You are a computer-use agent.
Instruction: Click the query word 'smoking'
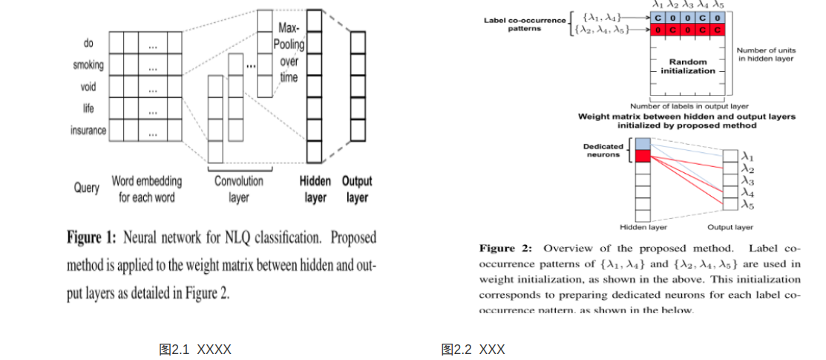[88, 65]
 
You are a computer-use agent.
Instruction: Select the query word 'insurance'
[88, 131]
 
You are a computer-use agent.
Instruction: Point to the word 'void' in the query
[88, 88]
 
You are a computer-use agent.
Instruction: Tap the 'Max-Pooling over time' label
[289, 53]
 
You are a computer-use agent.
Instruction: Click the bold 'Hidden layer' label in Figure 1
[315, 189]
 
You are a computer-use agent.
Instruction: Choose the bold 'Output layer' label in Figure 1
[357, 189]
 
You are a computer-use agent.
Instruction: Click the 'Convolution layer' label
[238, 189]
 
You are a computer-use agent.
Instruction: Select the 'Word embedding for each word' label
[146, 189]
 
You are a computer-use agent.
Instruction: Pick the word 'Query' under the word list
[86, 187]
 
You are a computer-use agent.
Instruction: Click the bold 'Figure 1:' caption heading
[91, 238]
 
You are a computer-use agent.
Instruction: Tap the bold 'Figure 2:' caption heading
[505, 248]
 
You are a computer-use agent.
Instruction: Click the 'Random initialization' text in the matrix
[688, 66]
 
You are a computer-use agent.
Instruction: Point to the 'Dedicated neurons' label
[603, 151]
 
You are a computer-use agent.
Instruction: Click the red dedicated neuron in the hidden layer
[643, 156]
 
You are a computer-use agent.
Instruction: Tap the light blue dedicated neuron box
[643, 143]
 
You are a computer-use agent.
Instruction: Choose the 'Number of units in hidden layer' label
[765, 54]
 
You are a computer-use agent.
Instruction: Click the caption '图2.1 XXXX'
[195, 349]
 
